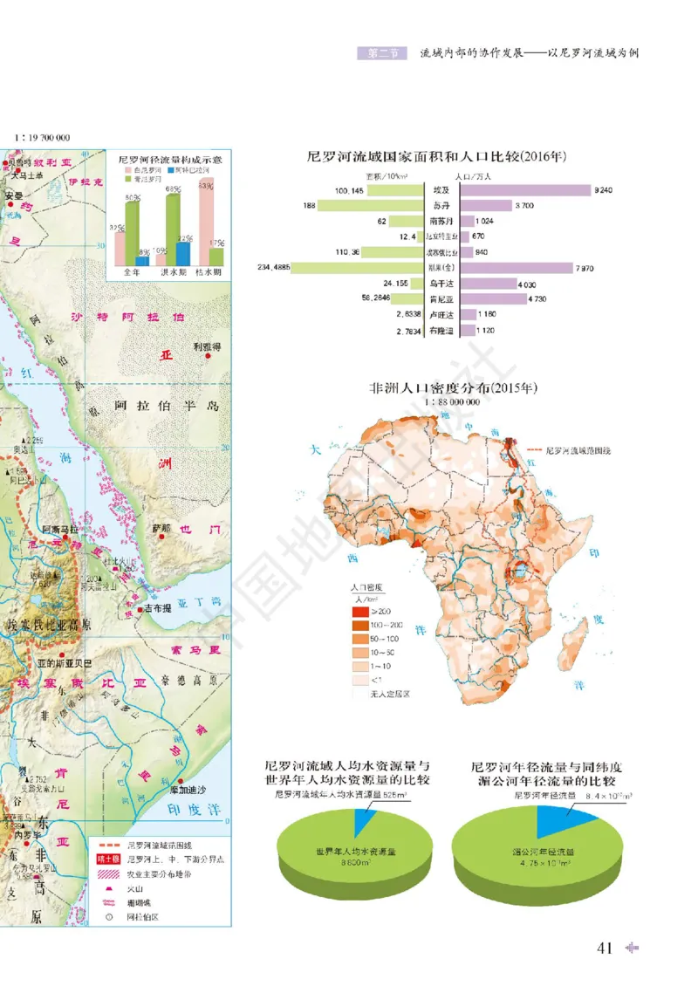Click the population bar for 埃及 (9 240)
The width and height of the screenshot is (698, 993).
tap(523, 189)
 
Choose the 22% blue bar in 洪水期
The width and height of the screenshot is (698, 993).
tap(182, 253)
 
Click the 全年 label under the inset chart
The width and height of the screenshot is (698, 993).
tap(132, 273)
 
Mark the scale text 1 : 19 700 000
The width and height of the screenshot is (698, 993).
tap(41, 137)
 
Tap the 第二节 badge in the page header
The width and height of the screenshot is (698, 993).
tap(382, 52)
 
